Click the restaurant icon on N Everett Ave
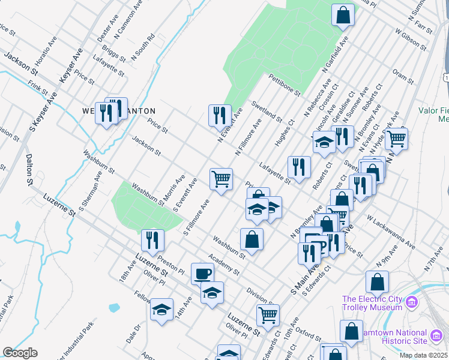pyautogui.click(x=220, y=114)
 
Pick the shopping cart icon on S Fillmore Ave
pyautogui.click(x=221, y=178)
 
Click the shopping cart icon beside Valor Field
pyautogui.click(x=396, y=138)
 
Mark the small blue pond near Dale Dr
pyautogui.click(x=114, y=308)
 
